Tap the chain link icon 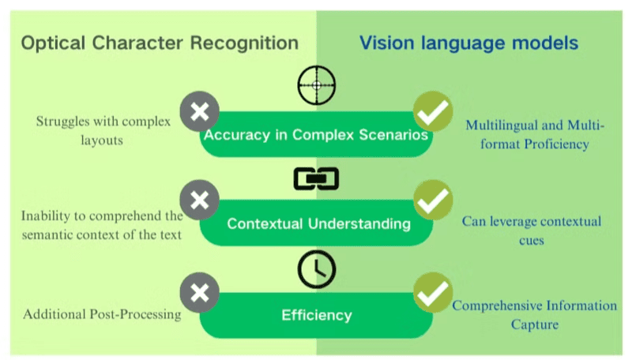tap(316, 179)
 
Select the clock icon tap(316, 270)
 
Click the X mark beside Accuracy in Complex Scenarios tap(200, 112)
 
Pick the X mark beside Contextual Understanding tap(200, 200)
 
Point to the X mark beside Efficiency tap(200, 292)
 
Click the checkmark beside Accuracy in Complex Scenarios tap(433, 112)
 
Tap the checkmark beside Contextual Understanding tap(433, 200)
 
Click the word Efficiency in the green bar tap(316, 315)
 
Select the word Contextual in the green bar tap(265, 224)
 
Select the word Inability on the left tap(47, 215)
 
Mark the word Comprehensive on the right tap(500, 306)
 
